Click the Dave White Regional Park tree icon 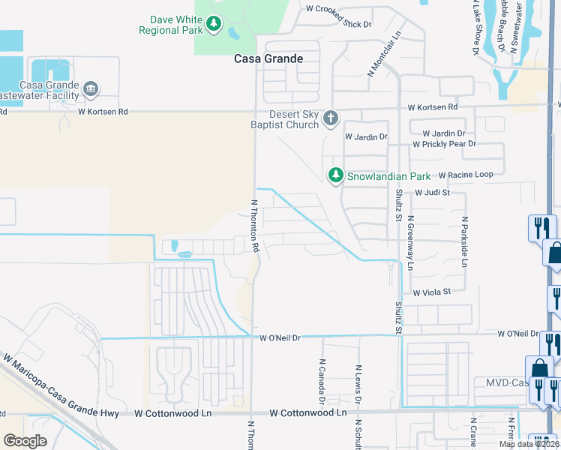(x=214, y=25)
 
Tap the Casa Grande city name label (x=268, y=58)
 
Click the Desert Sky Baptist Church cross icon (x=330, y=118)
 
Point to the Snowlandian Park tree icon (x=335, y=175)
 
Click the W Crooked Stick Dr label (x=339, y=10)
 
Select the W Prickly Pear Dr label (x=444, y=143)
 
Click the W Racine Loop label (x=466, y=175)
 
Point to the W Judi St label (x=432, y=193)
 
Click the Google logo (x=25, y=441)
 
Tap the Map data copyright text (x=528, y=444)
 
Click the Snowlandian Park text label (x=388, y=176)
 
